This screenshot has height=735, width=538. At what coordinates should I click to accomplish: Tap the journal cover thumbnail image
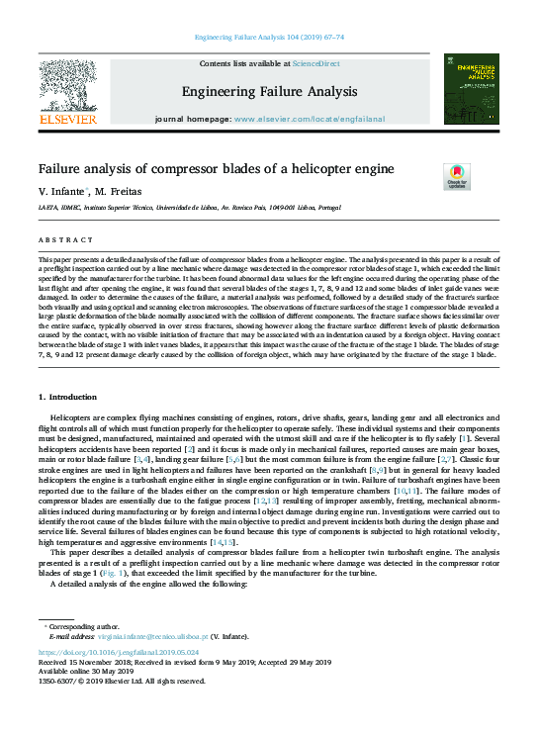pyautogui.click(x=471, y=88)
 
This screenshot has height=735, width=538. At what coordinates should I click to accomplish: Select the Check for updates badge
pyautogui.click(x=457, y=177)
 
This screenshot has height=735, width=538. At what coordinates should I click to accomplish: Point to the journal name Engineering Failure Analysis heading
pyautogui.click(x=268, y=92)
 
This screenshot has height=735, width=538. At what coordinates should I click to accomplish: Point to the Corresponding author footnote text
pyautogui.click(x=78, y=628)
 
